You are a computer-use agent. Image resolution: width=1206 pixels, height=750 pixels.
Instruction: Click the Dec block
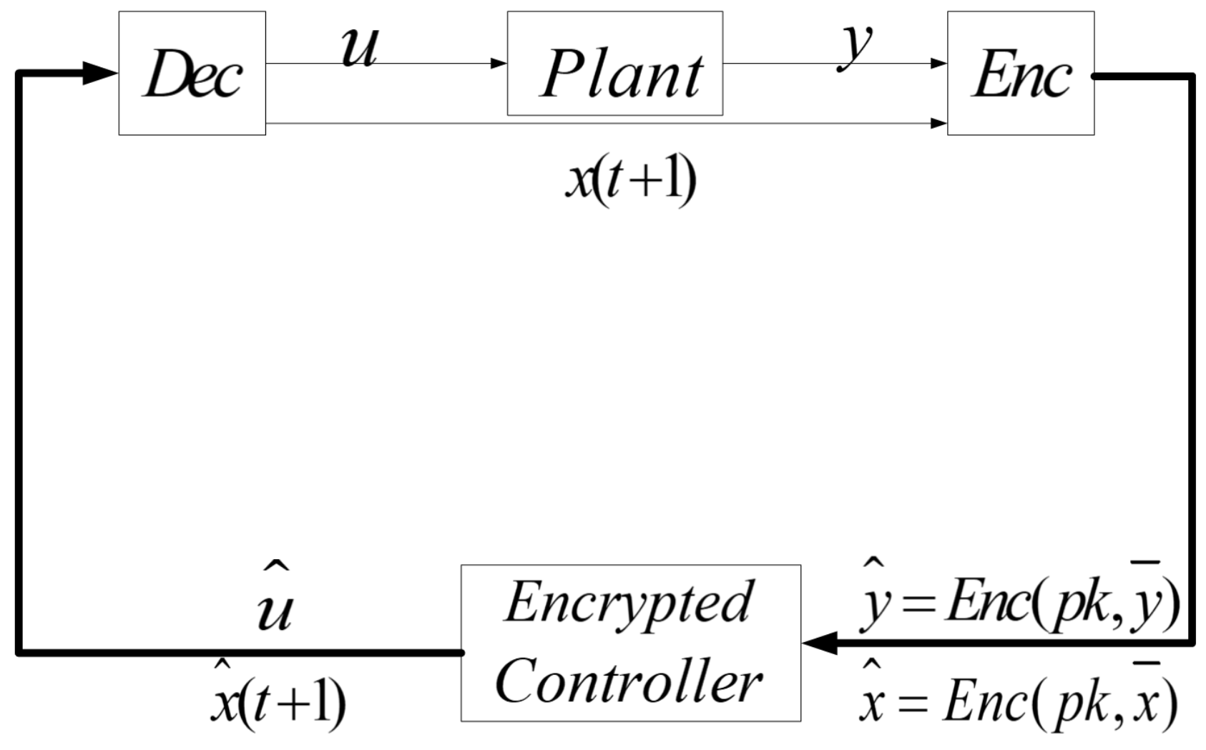192,73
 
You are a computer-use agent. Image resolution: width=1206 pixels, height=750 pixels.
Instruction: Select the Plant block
614,64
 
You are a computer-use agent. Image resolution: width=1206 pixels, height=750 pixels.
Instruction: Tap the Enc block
1020,73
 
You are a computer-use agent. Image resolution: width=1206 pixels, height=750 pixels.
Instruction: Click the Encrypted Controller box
630,643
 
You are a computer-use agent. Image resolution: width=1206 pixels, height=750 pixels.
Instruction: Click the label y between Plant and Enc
856,46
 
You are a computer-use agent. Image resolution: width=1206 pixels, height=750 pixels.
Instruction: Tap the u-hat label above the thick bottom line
275,604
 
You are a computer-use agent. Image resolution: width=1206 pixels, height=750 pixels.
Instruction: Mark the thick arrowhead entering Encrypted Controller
820,643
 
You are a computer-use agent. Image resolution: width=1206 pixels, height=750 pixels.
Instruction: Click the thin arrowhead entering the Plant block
499,64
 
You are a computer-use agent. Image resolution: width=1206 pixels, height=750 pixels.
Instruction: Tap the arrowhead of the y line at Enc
938,64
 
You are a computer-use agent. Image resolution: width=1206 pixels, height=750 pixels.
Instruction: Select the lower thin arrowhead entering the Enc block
938,123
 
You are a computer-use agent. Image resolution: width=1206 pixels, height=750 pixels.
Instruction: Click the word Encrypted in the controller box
628,603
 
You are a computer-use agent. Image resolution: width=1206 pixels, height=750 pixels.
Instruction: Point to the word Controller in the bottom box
628,681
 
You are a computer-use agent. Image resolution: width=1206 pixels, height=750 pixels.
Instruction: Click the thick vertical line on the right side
1192,357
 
